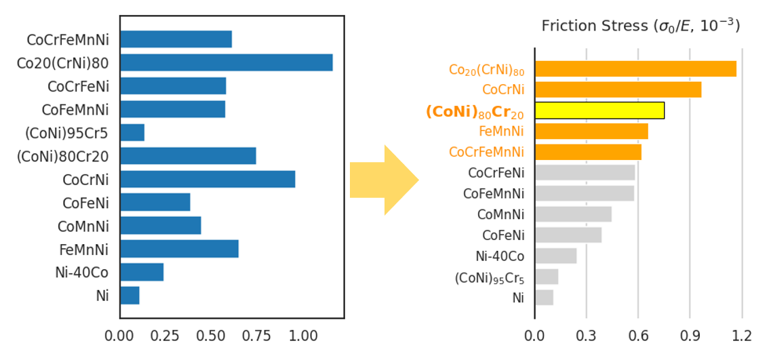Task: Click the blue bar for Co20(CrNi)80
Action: click(226, 62)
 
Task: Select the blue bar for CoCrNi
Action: click(207, 179)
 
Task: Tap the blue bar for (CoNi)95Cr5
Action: click(132, 132)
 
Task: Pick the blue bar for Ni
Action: click(130, 296)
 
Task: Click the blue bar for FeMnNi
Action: click(178, 249)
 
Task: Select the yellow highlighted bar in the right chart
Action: click(599, 111)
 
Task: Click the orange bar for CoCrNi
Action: click(617, 89)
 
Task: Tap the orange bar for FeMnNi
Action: click(591, 131)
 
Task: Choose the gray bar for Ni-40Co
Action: click(555, 256)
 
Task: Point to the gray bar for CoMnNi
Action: click(572, 214)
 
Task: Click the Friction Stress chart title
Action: click(640, 26)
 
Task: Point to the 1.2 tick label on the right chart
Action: click(742, 336)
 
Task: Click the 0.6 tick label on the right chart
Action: click(638, 336)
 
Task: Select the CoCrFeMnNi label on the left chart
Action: click(67, 39)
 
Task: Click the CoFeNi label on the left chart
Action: click(85, 203)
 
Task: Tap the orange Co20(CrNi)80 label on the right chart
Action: click(486, 70)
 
